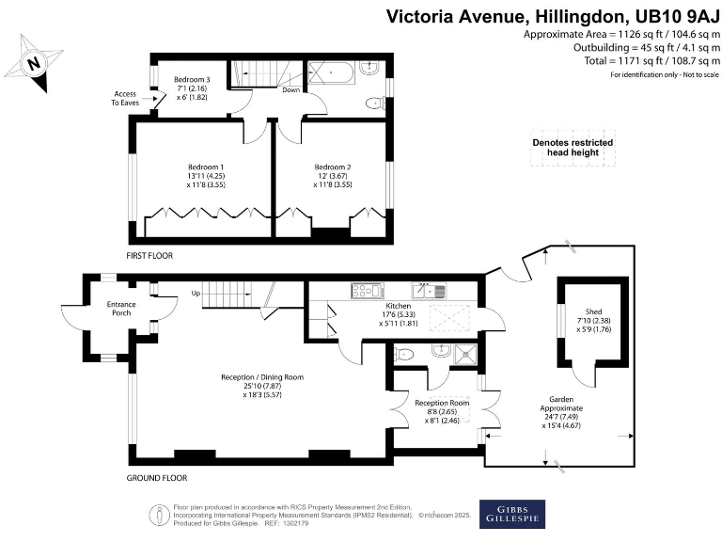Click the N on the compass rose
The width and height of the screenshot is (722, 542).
(33, 62)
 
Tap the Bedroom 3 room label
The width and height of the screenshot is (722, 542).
(192, 80)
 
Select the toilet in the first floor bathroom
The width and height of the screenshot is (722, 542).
(375, 103)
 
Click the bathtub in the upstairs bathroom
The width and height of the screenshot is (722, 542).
(331, 72)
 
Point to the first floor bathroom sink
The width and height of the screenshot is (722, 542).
(369, 68)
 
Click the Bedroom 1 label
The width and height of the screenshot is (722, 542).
(206, 167)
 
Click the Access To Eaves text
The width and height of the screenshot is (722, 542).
(125, 98)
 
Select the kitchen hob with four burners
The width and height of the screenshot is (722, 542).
(367, 291)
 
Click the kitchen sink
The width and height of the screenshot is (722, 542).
(429, 291)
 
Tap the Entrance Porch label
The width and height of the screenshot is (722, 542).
(121, 309)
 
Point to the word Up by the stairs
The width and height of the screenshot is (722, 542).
(196, 294)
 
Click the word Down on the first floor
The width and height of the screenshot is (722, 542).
(291, 90)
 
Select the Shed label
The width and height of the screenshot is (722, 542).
(594, 311)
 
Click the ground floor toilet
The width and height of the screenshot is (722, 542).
(404, 354)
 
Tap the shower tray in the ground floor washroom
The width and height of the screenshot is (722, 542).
(465, 355)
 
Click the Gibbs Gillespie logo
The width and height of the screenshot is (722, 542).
(512, 514)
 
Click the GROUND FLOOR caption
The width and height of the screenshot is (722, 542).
(157, 478)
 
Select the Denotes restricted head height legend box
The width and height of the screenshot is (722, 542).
(573, 148)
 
